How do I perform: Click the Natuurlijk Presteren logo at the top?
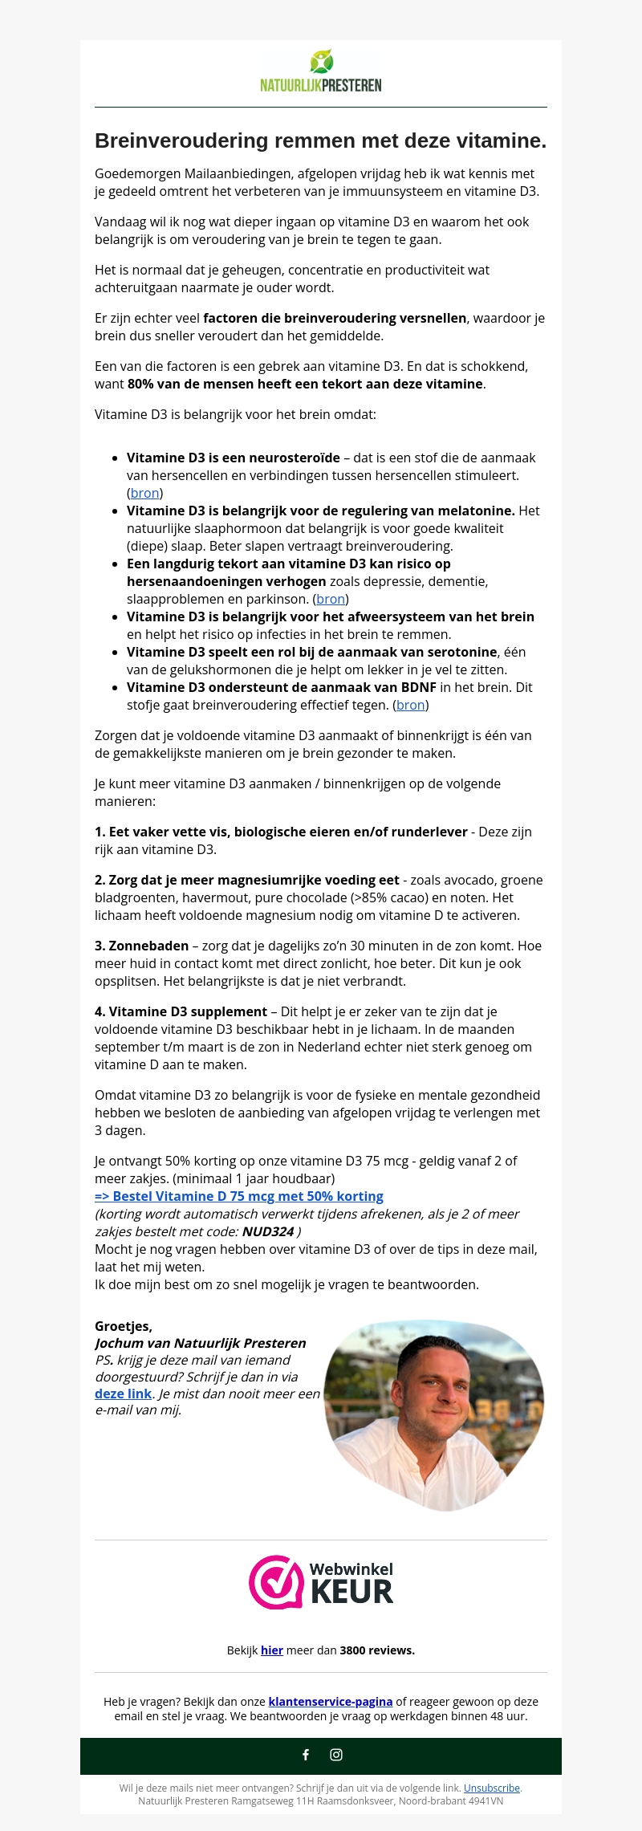[x=321, y=71]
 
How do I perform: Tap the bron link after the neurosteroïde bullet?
[x=144, y=493]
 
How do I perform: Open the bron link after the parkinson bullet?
[x=331, y=599]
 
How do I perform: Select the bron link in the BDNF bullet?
[x=411, y=705]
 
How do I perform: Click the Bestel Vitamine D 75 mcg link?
[x=239, y=1196]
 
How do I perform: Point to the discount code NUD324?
[x=268, y=1231]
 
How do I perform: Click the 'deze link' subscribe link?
[x=124, y=1394]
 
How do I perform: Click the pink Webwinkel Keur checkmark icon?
[x=276, y=1581]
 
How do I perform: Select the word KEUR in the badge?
[x=351, y=1591]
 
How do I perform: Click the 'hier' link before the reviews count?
[x=272, y=1650]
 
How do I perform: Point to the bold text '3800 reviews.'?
[x=377, y=1650]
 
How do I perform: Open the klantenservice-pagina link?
[x=331, y=1702]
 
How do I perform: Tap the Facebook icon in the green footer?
[x=306, y=1755]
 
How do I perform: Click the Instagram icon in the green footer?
[x=336, y=1755]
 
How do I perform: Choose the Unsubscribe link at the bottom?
[x=492, y=1788]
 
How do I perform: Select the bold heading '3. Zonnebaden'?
[x=142, y=946]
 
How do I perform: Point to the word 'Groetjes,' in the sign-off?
[x=124, y=1326]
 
